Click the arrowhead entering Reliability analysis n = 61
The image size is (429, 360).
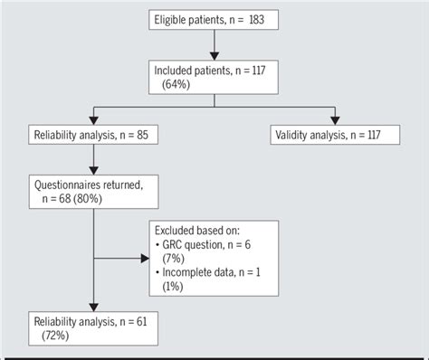(92, 308)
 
